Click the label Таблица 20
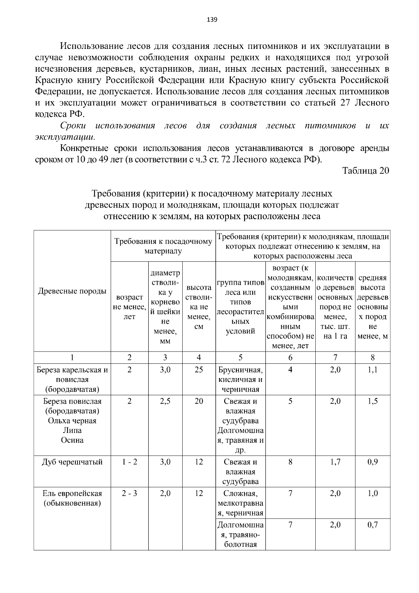[x=365, y=171]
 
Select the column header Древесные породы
[x=72, y=291]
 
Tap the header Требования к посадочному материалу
[x=163, y=246]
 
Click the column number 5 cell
[x=241, y=357]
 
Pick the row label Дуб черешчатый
[x=72, y=462]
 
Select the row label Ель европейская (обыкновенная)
[x=72, y=498]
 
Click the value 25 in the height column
[x=199, y=370]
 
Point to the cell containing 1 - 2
[x=130, y=462]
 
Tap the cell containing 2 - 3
[x=130, y=493]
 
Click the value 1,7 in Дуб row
[x=335, y=462]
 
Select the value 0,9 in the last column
[x=373, y=462]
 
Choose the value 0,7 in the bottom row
[x=373, y=525]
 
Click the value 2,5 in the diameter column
[x=165, y=401]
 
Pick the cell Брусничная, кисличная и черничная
[x=241, y=379]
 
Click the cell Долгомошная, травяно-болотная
[x=241, y=535]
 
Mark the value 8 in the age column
[x=290, y=462]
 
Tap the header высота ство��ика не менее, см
[x=199, y=307]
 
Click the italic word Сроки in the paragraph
[x=73, y=125]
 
